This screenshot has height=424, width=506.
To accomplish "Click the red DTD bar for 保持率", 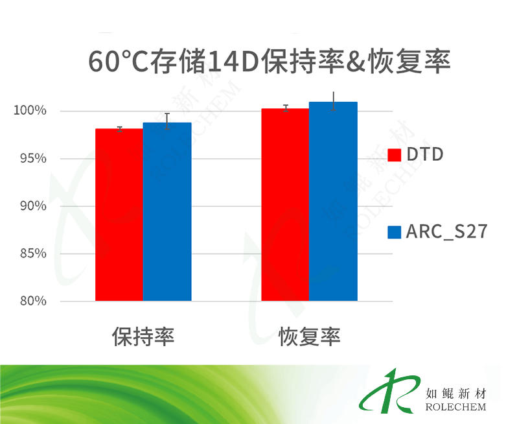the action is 119,215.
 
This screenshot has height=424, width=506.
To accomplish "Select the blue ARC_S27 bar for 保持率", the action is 167,212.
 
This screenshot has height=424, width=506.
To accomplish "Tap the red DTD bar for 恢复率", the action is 285,205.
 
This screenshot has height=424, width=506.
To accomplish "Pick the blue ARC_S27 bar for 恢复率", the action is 334,202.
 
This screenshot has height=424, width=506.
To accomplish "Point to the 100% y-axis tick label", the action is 30,110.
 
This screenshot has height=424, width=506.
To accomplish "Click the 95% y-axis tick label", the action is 33,158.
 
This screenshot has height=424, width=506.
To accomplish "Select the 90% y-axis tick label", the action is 33,206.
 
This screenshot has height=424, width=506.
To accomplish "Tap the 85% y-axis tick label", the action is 33,253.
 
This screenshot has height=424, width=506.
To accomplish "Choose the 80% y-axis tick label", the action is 33,301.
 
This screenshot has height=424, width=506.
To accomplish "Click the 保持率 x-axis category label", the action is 143,336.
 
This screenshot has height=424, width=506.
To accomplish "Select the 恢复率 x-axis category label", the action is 310,336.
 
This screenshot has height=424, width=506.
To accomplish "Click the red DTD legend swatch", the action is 395,155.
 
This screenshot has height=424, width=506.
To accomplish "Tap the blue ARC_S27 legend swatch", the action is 395,232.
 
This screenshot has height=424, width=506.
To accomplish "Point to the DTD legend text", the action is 425,154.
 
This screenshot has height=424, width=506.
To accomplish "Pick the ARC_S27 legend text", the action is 446,231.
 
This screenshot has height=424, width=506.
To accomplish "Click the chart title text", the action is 270,62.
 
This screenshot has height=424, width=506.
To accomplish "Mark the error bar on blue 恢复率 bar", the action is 334,101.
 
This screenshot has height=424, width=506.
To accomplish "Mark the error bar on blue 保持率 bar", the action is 167,121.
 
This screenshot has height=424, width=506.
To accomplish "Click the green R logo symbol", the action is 391,391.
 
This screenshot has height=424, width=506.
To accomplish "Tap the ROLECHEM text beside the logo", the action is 455,407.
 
